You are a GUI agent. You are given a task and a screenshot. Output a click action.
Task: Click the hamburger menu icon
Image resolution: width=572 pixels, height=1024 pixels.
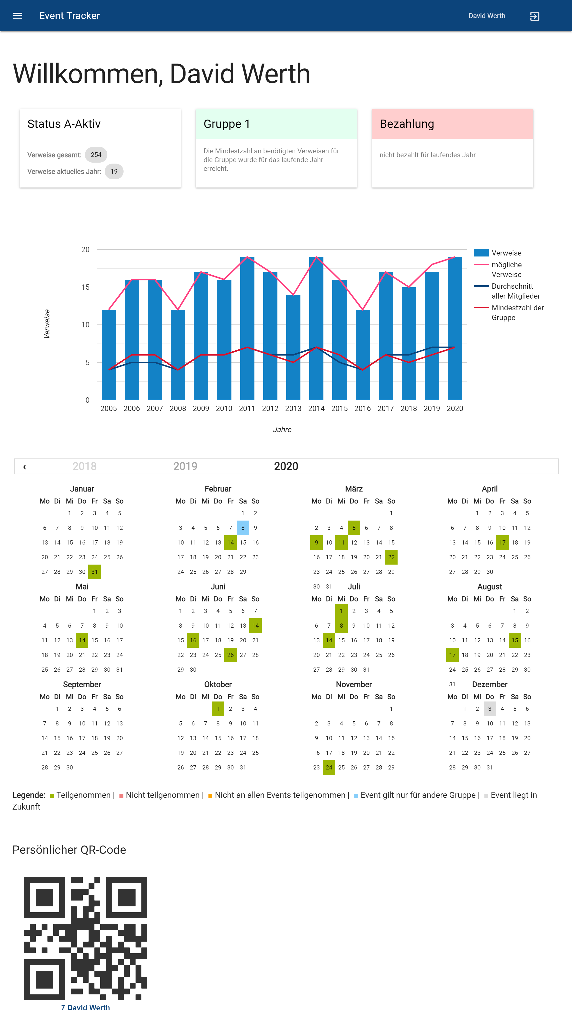coord(18,16)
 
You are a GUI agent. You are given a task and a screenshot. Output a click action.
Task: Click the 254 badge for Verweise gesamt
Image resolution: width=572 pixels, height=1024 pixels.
coord(96,155)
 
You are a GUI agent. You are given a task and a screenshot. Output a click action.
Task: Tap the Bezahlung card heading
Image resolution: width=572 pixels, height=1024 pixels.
coord(407,124)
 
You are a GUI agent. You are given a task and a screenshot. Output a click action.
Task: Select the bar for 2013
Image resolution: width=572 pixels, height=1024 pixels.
coord(293,347)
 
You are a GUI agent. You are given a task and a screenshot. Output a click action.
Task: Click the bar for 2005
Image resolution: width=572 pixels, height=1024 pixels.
coord(109,355)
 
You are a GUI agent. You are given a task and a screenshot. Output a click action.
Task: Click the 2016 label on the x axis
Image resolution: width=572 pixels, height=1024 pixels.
coord(362,408)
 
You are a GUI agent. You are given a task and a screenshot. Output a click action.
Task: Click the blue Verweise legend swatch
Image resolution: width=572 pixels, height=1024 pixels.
coord(481,253)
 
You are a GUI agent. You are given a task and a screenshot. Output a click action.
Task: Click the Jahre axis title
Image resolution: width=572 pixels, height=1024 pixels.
coord(282,429)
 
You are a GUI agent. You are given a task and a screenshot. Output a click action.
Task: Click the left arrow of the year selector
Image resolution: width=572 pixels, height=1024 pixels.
coord(25,467)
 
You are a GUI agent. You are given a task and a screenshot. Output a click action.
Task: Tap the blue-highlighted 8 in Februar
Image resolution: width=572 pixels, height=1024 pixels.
coord(243,528)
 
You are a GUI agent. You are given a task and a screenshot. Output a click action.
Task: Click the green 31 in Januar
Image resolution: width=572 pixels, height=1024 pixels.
coord(94,572)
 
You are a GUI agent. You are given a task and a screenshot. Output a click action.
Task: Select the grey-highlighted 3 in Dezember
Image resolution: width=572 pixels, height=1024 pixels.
coord(490,709)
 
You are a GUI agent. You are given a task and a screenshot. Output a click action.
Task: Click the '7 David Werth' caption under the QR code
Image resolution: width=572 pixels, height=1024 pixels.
coord(86,1008)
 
